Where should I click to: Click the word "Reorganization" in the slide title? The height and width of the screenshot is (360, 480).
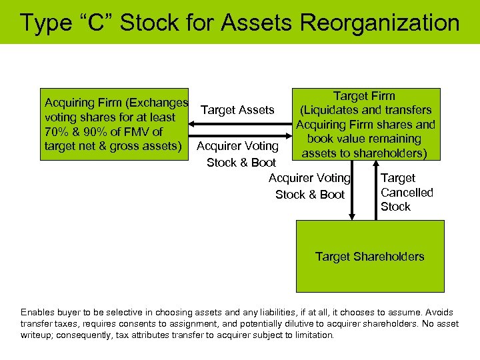[379, 23]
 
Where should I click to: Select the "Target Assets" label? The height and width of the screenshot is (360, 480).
[237, 110]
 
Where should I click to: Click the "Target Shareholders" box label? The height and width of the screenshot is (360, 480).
[369, 257]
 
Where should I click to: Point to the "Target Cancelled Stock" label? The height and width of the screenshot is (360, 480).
[407, 193]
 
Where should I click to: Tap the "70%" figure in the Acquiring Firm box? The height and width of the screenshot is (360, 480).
[57, 132]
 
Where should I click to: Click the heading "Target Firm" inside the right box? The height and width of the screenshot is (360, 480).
[364, 96]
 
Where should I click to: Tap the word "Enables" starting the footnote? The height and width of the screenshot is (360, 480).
[37, 312]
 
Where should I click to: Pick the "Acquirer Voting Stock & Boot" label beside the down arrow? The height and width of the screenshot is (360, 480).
[309, 187]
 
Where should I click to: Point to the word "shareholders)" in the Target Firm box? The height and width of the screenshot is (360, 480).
[388, 153]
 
